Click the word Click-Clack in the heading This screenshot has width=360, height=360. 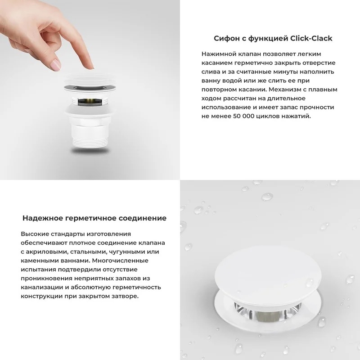[311, 38]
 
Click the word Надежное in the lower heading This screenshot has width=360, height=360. [43, 218]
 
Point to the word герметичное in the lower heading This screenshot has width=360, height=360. [91, 218]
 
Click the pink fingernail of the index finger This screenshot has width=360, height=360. [56, 65]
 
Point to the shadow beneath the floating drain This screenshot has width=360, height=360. [90, 151]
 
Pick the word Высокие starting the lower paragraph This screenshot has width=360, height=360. [35, 234]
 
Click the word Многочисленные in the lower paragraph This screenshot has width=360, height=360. [120, 261]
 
